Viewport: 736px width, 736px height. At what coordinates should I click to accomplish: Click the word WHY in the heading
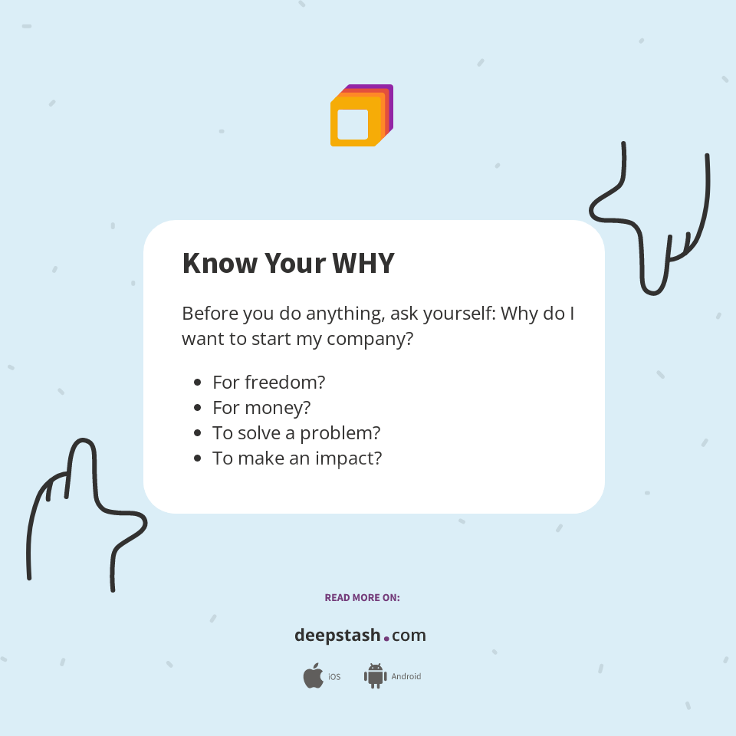[363, 264]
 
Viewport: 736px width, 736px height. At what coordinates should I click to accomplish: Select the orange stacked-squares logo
[361, 116]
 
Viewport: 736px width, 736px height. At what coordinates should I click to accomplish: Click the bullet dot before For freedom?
[198, 382]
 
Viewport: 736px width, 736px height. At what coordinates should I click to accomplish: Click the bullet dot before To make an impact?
[198, 458]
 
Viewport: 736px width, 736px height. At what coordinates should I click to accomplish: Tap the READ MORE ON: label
[362, 597]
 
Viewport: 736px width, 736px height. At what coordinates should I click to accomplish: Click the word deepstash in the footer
[337, 635]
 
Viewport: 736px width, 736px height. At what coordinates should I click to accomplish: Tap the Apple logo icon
[313, 676]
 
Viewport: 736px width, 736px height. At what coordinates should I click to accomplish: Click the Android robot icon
[375, 676]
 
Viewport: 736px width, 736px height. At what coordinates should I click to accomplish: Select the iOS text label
[334, 677]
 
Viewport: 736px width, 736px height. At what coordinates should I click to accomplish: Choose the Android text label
[406, 677]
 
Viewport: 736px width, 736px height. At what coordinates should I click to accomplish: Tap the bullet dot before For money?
[198, 407]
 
